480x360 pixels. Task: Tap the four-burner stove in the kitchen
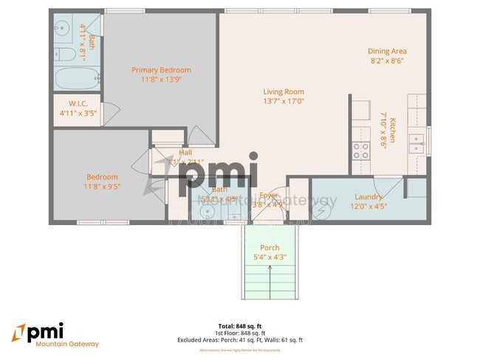360,150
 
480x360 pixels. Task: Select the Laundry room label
368,197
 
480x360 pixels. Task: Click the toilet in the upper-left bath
62,53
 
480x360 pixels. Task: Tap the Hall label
185,152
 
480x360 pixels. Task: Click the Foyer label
268,195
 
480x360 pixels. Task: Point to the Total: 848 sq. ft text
239,325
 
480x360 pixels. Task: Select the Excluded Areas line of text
239,340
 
